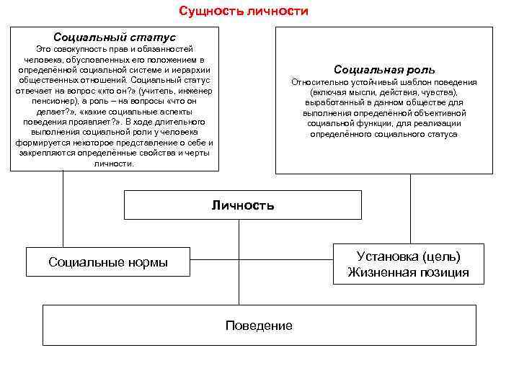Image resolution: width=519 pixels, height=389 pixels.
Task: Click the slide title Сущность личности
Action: click(x=243, y=12)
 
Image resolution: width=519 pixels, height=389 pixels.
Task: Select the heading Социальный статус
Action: click(x=114, y=36)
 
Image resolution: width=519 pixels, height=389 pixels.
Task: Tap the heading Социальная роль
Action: click(x=384, y=70)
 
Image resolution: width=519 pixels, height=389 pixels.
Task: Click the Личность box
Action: click(x=242, y=205)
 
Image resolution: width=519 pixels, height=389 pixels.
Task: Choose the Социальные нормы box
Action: click(x=108, y=261)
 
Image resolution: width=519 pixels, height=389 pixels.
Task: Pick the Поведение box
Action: click(x=259, y=326)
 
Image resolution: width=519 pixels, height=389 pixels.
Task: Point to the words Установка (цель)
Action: click(x=408, y=256)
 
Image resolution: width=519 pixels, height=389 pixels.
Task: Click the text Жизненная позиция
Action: click(x=408, y=272)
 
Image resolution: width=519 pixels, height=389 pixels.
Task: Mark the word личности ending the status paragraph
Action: click(x=113, y=164)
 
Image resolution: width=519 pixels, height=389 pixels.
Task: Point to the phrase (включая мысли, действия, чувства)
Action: click(x=383, y=93)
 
